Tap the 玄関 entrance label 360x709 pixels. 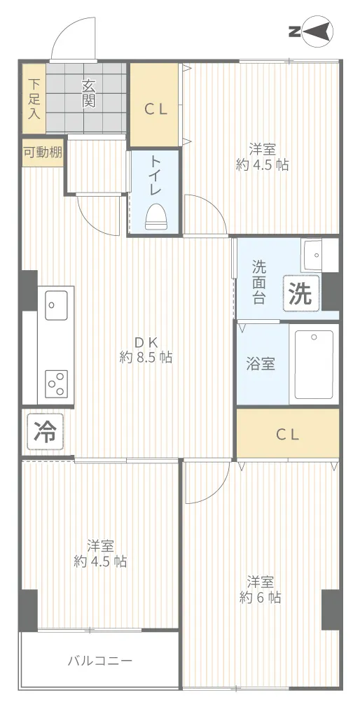coord(89,94)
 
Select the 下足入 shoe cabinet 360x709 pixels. coord(34,99)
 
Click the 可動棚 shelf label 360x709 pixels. coord(43,153)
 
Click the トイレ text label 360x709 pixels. coord(155,176)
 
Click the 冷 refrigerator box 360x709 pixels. coord(46,433)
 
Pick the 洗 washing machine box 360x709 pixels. coord(301,294)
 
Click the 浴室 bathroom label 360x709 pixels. coord(261,365)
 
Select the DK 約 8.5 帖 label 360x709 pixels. coord(146,349)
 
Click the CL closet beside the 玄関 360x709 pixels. coord(154,105)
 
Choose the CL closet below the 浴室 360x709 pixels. coord(288,435)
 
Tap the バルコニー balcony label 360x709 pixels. coord(100,661)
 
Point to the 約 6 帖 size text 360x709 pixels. coord(260,598)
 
